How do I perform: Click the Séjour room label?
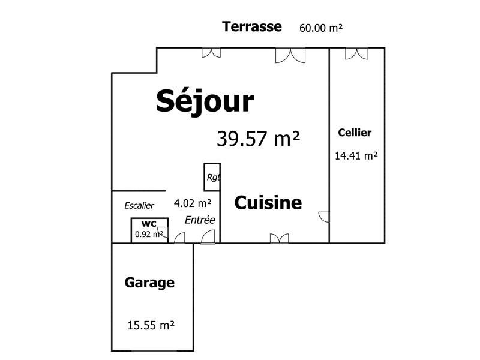pyautogui.click(x=205, y=101)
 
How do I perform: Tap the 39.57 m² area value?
pyautogui.click(x=259, y=139)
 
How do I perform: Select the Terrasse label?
pyautogui.click(x=252, y=26)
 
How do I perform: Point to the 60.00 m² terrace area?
pyautogui.click(x=321, y=28)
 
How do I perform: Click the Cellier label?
pyautogui.click(x=355, y=133)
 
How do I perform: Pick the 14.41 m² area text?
pyautogui.click(x=356, y=156)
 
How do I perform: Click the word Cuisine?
pyautogui.click(x=268, y=203)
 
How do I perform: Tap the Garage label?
pyautogui.click(x=149, y=283)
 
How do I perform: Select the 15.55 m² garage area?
pyautogui.click(x=151, y=325)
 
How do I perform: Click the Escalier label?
pyautogui.click(x=139, y=205)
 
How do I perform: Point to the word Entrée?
pyautogui.click(x=200, y=220)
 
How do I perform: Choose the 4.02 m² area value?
pyautogui.click(x=193, y=203)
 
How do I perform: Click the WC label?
pyautogui.click(x=149, y=223)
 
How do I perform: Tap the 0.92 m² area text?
pyautogui.click(x=149, y=234)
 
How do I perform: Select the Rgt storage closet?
pyautogui.click(x=212, y=177)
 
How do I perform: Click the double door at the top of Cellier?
pyautogui.click(x=356, y=53)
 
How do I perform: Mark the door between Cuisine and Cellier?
pyautogui.click(x=324, y=217)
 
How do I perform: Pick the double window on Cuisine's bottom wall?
pyautogui.click(x=279, y=238)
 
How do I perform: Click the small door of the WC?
pyautogui.click(x=163, y=232)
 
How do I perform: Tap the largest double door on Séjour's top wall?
pyautogui.click(x=290, y=55)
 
